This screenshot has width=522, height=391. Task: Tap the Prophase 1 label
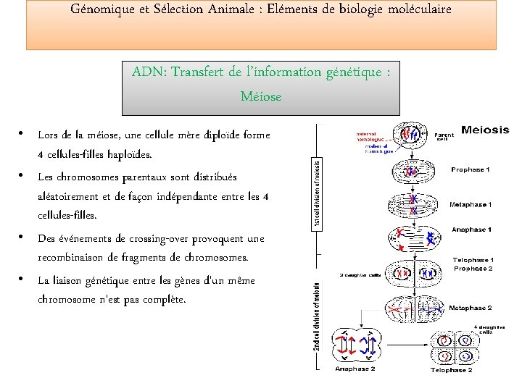[470, 169]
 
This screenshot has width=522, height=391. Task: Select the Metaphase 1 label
[471, 205]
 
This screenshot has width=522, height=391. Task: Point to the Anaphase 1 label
[471, 230]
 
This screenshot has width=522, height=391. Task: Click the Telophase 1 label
[473, 259]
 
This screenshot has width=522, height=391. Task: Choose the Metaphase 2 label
[470, 308]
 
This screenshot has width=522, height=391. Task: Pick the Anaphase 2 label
[355, 368]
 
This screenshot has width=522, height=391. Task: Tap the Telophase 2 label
[451, 370]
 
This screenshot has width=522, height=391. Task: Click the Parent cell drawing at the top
[412, 133]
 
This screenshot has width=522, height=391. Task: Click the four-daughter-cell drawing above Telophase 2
[455, 346]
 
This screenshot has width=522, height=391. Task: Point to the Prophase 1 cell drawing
[412, 172]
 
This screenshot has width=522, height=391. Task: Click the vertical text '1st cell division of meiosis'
[317, 195]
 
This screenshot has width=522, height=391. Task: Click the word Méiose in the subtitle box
[261, 96]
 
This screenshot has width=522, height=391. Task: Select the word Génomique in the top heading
[103, 10]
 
